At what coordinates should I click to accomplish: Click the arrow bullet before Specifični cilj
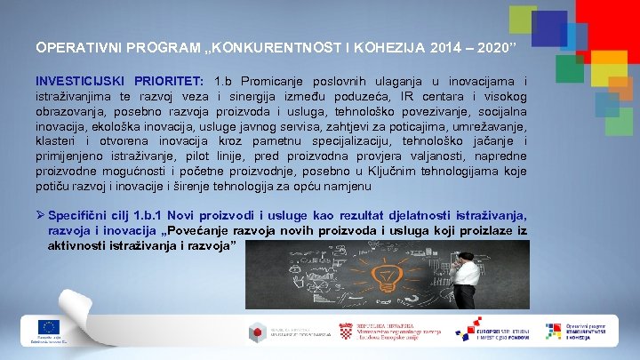click(x=39, y=215)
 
